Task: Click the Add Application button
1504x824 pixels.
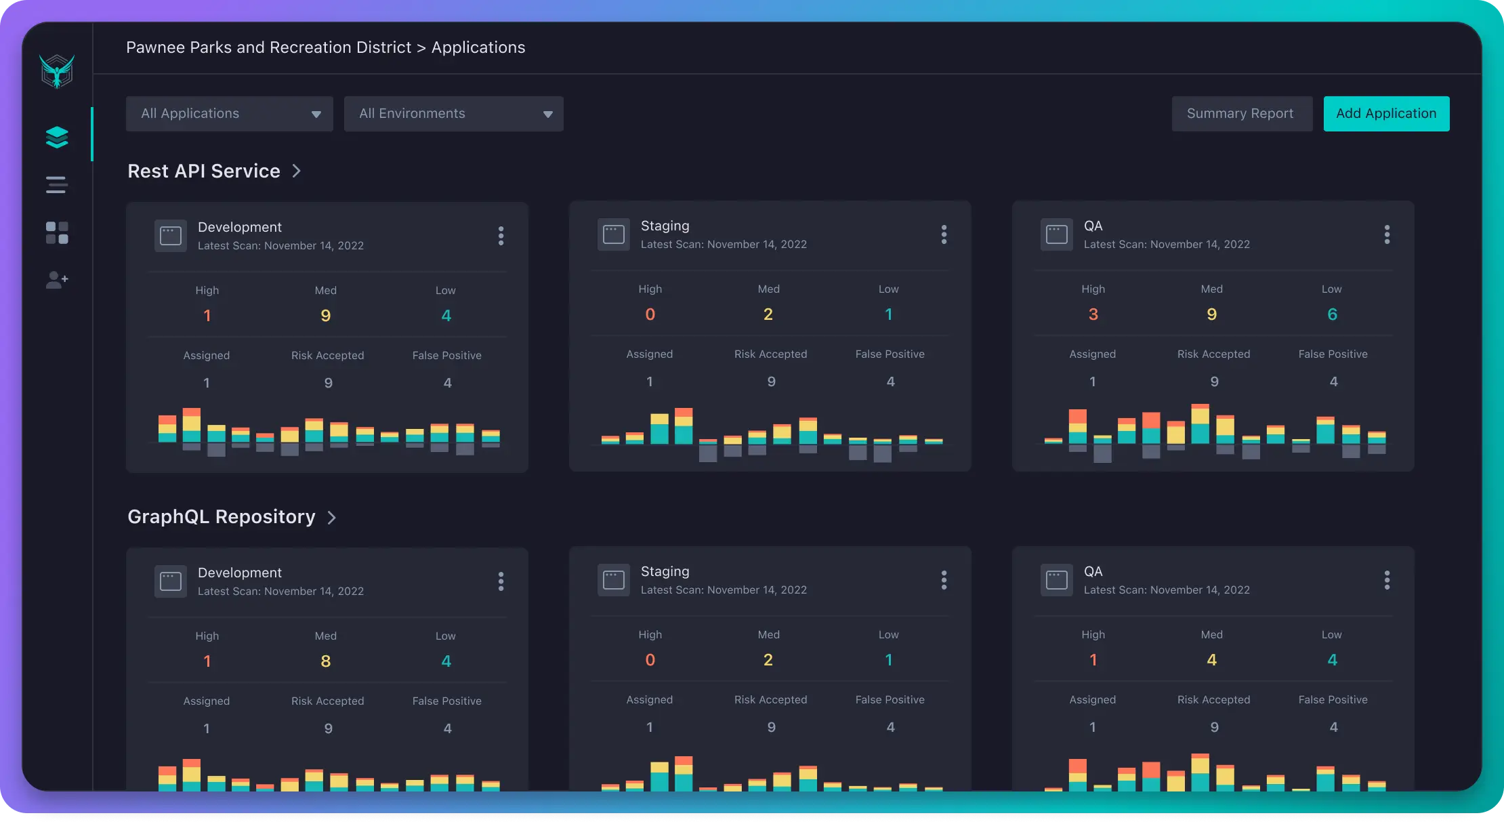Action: point(1386,114)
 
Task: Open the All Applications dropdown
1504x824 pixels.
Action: point(229,114)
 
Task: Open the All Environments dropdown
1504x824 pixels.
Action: point(453,114)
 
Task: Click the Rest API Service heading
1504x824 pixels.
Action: point(204,171)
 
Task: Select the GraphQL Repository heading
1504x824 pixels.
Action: point(222,517)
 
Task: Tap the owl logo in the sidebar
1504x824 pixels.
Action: point(57,71)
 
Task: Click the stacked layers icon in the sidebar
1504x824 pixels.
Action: point(57,137)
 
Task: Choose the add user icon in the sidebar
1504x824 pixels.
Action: point(57,280)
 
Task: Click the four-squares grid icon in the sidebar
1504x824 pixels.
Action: point(57,232)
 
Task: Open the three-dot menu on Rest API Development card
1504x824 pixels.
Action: point(501,236)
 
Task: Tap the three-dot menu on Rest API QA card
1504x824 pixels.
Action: point(1387,234)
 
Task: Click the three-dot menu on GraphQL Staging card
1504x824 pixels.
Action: point(944,580)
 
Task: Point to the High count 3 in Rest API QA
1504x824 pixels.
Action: point(1093,314)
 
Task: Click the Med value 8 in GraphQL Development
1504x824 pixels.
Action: point(326,661)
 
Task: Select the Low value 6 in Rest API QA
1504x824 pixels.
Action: point(1333,314)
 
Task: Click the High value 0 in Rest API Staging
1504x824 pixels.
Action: point(650,314)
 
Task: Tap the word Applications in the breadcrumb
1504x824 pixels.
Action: point(478,47)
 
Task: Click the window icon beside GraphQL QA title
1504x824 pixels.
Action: point(1057,580)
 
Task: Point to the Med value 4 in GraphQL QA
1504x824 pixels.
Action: point(1212,660)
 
